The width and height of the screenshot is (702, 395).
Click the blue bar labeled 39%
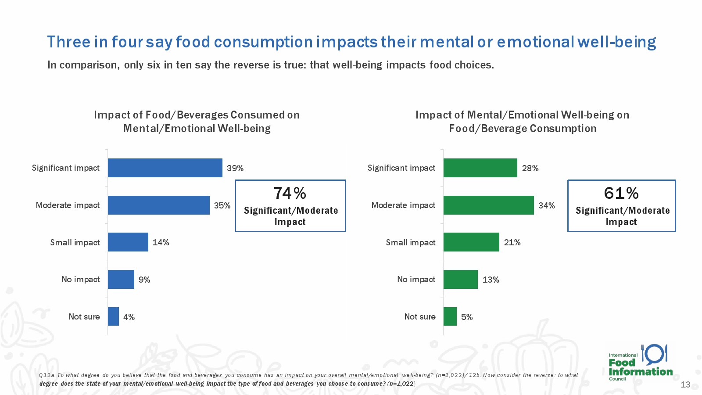click(165, 168)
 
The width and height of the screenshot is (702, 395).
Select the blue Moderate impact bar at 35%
click(158, 205)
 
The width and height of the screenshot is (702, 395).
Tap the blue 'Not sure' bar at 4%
click(113, 316)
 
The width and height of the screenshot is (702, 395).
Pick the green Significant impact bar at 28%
click(480, 168)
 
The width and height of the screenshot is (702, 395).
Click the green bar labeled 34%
click(488, 205)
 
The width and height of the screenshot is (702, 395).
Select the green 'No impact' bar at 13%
click(460, 279)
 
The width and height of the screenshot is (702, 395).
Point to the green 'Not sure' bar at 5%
click(450, 316)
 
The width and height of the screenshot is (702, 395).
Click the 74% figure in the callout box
click(290, 193)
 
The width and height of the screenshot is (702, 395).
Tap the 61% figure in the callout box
click(621, 193)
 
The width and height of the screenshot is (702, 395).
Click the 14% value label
click(161, 242)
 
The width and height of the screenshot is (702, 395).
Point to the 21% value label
click(512, 242)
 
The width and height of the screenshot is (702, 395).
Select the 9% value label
click(144, 280)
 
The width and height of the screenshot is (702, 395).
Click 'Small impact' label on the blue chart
click(75, 242)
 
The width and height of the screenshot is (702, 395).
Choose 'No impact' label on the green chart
click(416, 279)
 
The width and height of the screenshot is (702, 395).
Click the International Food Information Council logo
click(640, 363)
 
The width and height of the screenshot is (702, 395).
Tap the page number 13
click(685, 384)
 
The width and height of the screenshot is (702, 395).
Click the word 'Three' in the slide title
click(68, 42)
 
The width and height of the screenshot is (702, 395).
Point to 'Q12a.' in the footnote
click(47, 375)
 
